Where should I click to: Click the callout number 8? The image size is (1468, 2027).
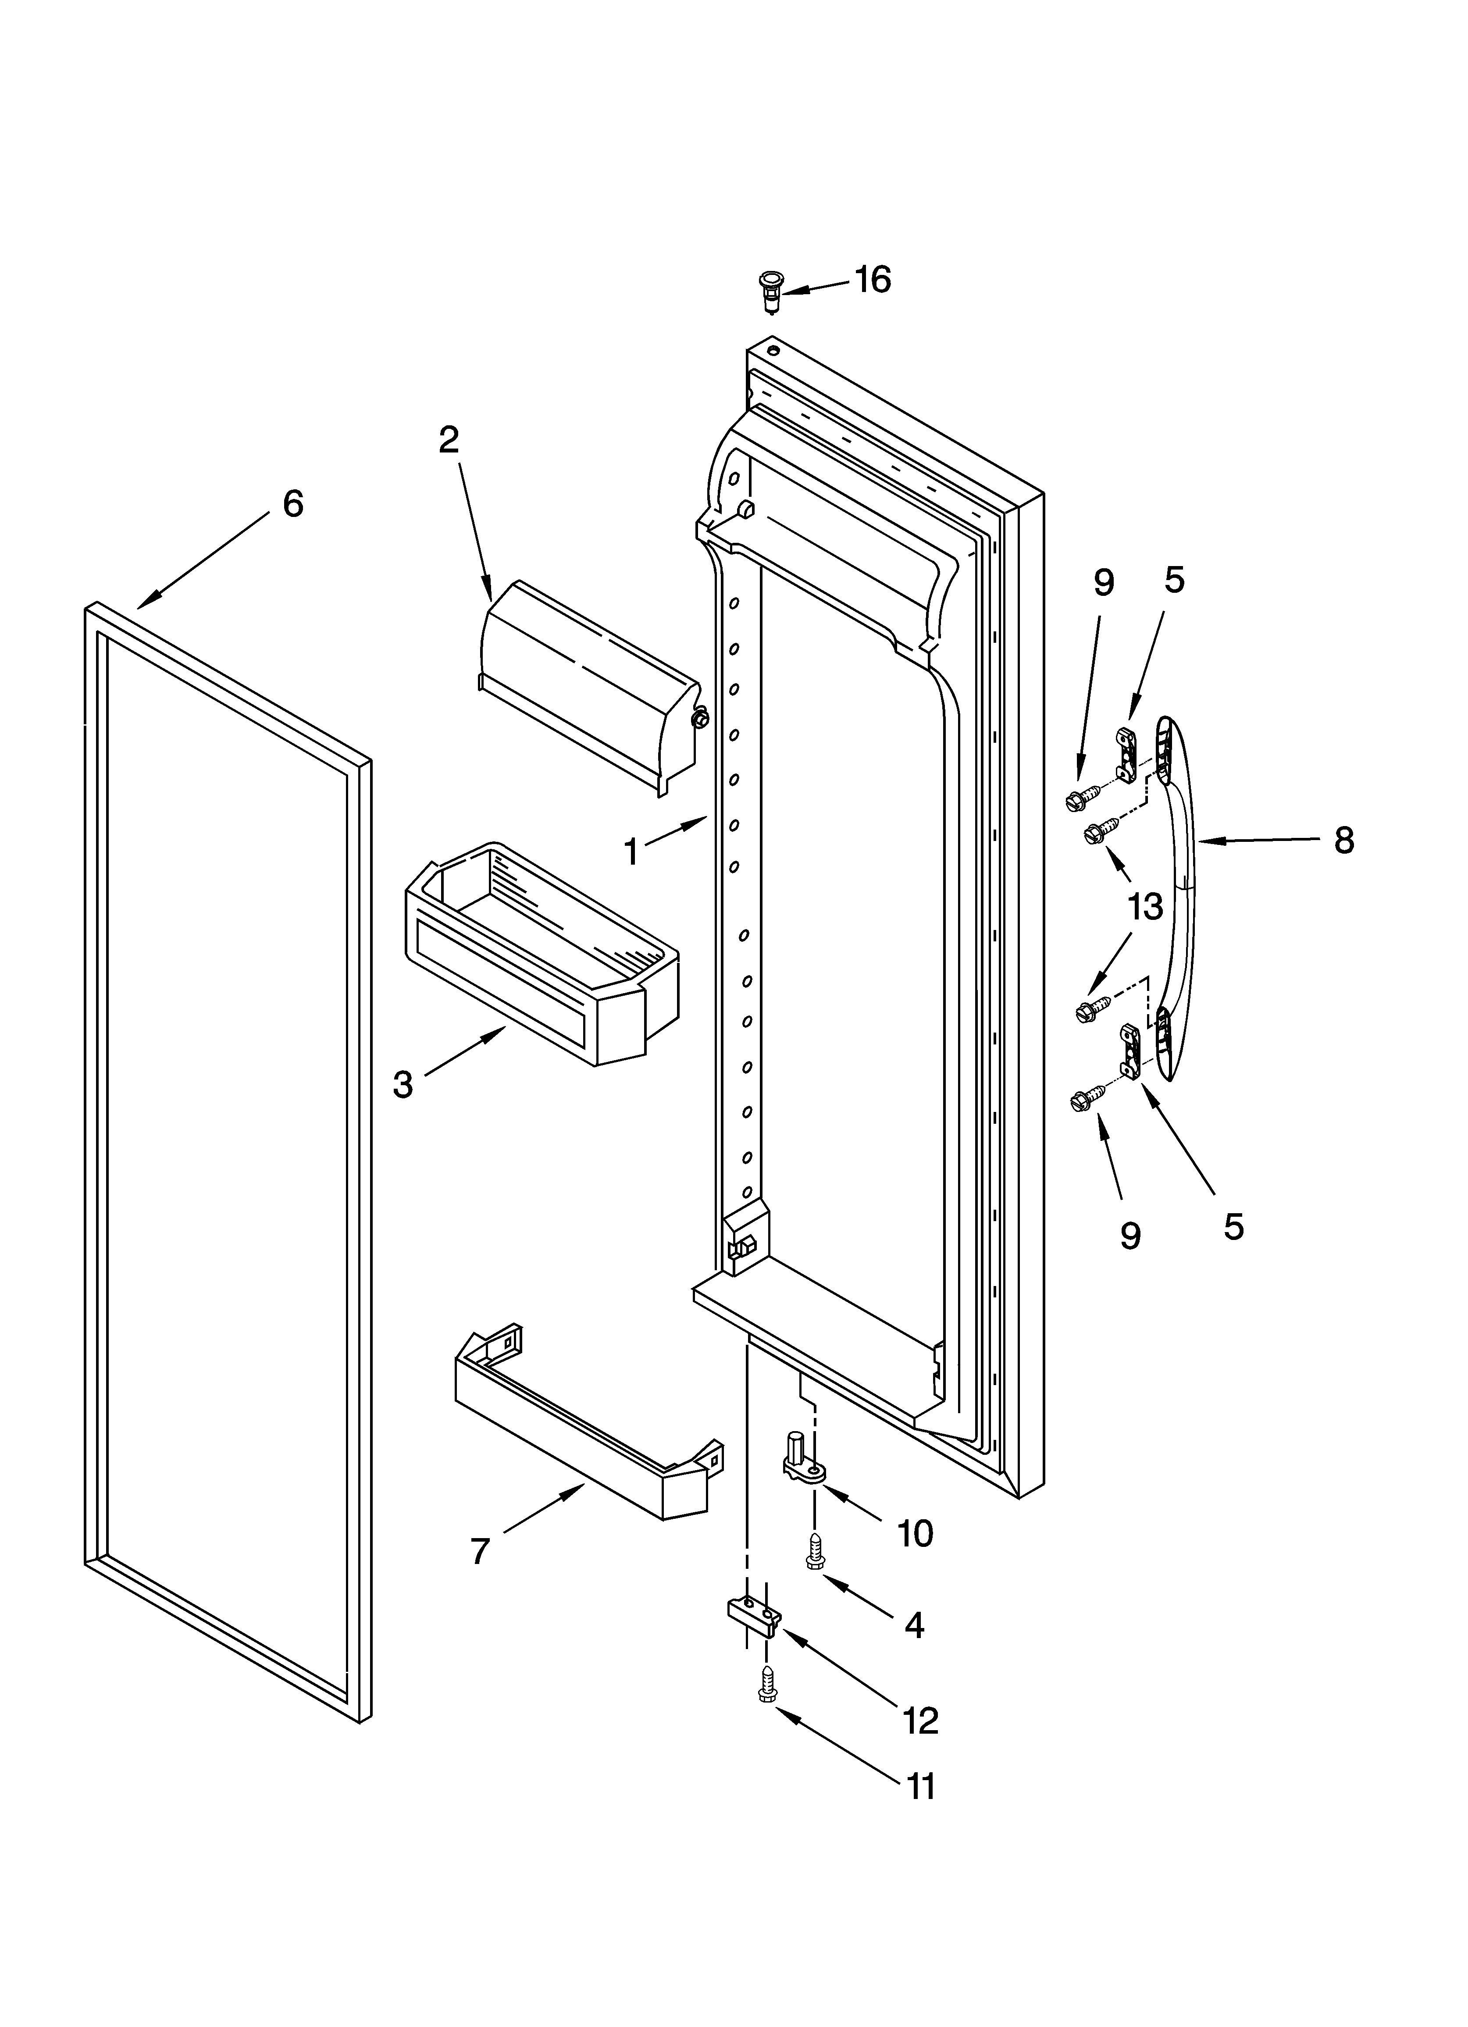[1344, 840]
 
